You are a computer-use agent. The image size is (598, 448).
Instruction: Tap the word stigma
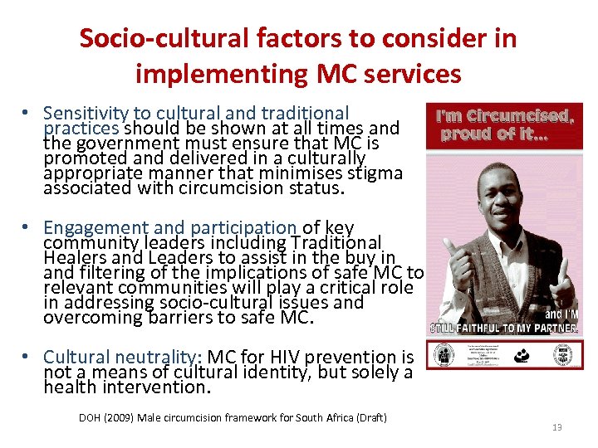click(x=375, y=173)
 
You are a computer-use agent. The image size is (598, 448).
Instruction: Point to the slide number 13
click(x=556, y=427)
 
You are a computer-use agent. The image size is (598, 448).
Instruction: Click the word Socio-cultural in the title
click(x=164, y=38)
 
